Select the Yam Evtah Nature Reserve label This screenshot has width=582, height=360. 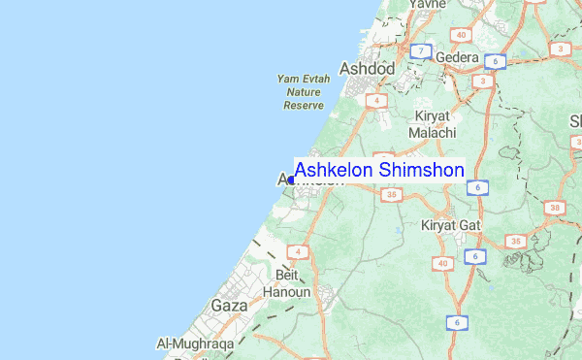[303, 91]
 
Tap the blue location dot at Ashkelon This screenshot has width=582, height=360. [291, 180]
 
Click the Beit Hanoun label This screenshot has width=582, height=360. [288, 284]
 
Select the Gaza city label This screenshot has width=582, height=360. [229, 305]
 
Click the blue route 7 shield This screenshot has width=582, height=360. [420, 50]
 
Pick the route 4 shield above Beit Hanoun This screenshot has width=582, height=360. [299, 252]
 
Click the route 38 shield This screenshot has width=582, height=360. [554, 208]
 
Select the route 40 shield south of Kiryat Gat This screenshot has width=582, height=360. [442, 264]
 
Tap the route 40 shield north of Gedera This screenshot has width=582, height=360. [460, 35]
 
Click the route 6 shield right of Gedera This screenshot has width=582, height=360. [495, 61]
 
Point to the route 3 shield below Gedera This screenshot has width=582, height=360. [482, 82]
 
